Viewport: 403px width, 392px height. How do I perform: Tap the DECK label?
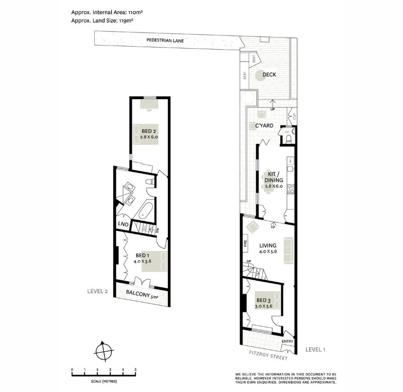269,75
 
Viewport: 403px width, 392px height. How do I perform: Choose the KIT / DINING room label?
274,180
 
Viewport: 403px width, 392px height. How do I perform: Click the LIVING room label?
268,246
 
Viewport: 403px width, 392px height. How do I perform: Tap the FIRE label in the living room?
246,245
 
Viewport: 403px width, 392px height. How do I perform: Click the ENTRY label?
287,342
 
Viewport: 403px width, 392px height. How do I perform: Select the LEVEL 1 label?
315,349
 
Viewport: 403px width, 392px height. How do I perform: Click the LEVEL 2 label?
98,291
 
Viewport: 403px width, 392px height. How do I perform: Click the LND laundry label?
122,224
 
